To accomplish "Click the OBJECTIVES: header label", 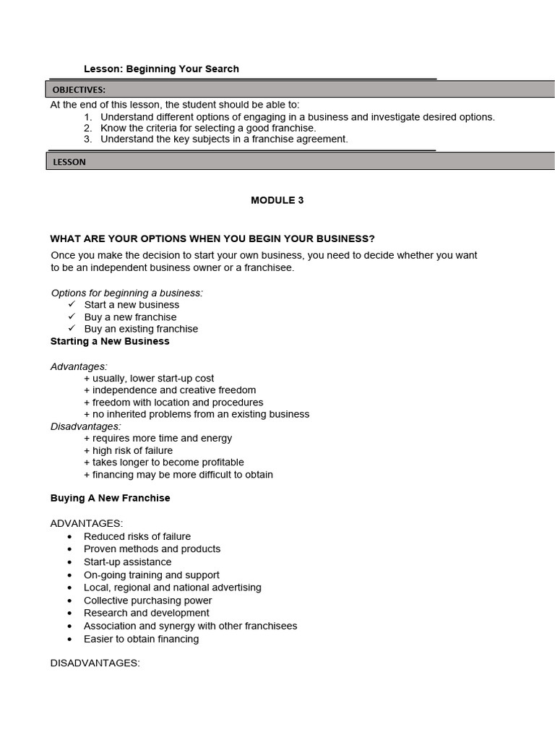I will (x=79, y=90).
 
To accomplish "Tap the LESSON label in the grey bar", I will (x=69, y=162).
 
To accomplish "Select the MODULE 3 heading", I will (x=277, y=200).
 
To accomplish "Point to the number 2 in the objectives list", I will (x=87, y=128).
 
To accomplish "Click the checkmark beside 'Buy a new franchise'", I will (x=72, y=317).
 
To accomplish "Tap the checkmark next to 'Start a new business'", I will (x=72, y=304).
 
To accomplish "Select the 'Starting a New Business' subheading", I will (x=110, y=341).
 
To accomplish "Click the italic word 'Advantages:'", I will (x=79, y=366).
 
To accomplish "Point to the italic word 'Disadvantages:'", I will (x=85, y=426).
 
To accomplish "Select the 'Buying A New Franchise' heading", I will (x=111, y=498).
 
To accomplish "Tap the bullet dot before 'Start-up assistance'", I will (x=69, y=562).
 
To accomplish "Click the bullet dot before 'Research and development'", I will (x=69, y=614).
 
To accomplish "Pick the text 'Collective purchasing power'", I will (x=147, y=601).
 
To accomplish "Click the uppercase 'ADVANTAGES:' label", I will (x=87, y=523).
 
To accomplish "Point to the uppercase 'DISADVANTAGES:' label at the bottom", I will (x=95, y=663).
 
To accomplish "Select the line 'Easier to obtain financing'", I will (x=141, y=639).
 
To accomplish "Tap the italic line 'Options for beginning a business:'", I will (x=127, y=293).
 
